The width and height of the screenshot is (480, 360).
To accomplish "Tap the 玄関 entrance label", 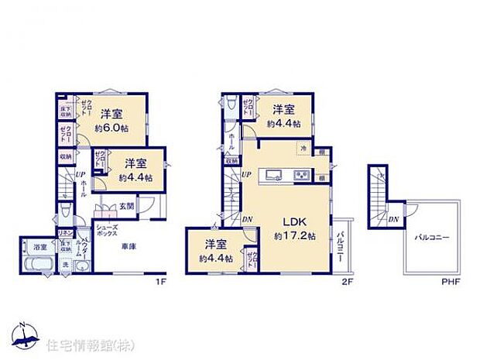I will click(x=127, y=206).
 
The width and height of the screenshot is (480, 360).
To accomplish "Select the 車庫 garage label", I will click(x=129, y=246).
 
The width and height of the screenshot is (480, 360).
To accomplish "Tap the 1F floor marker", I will click(x=160, y=281).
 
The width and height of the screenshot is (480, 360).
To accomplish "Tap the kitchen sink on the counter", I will click(x=276, y=175).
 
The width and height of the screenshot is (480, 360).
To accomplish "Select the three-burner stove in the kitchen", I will click(x=300, y=176).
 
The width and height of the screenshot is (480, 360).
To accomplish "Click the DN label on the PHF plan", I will click(x=394, y=219).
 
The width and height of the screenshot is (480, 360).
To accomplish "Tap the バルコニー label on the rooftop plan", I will click(x=432, y=237).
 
